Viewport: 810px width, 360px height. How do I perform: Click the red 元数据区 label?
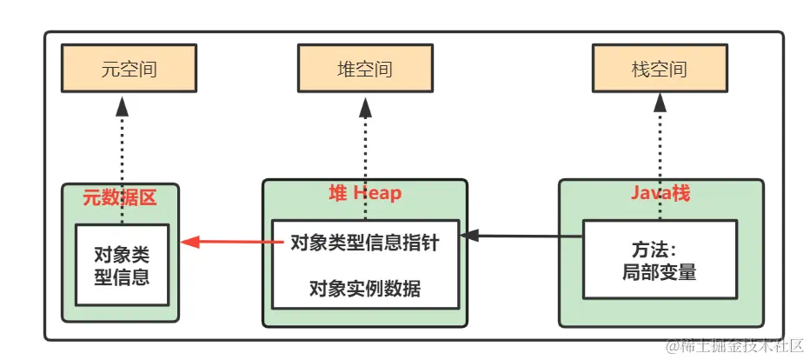coord(119,198)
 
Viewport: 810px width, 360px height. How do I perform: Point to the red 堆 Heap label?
coord(365,193)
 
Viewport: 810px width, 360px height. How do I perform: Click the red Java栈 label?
coord(661,193)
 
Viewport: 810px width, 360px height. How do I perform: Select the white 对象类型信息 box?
coord(122,265)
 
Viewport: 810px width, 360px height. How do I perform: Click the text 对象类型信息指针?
coord(364,243)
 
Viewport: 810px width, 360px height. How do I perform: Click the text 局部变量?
coord(660,271)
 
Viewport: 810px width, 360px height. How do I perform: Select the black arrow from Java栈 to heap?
coord(521,236)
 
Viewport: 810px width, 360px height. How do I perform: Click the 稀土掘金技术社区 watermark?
coord(735,345)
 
